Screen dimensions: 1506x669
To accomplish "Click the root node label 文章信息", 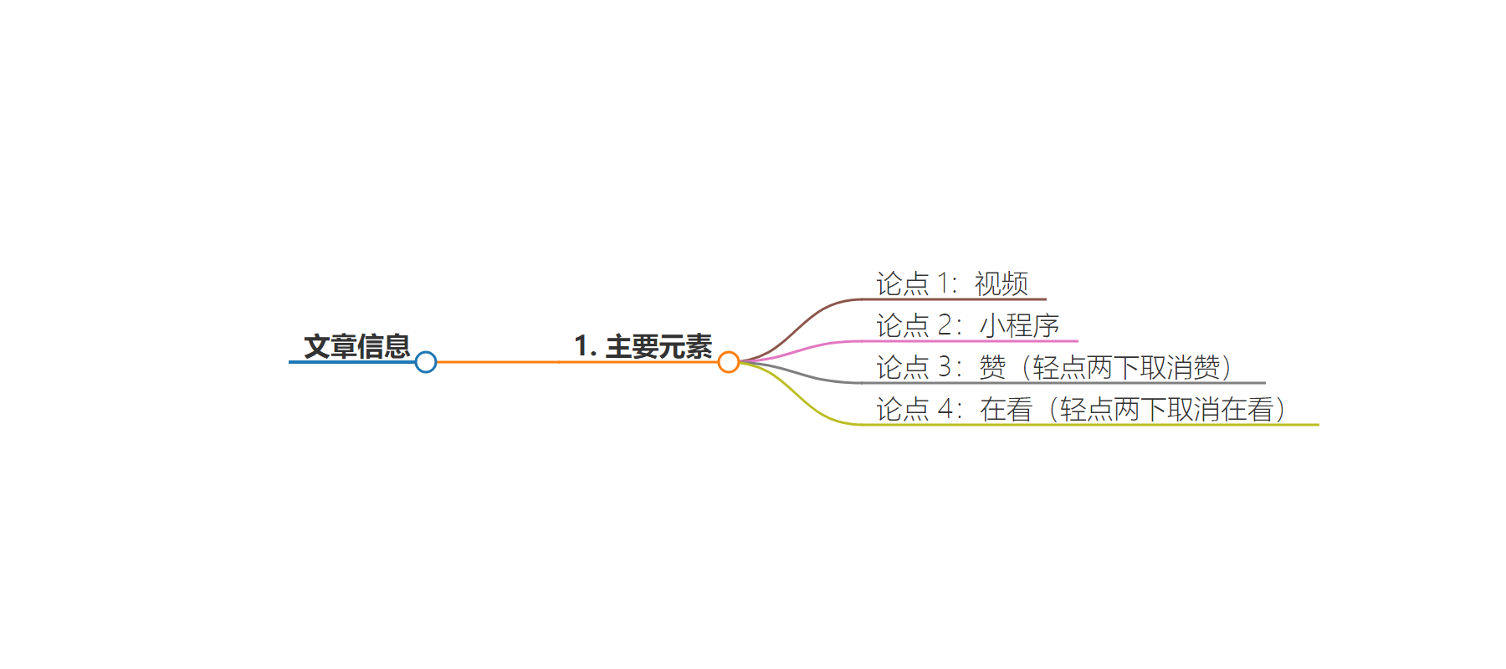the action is click(357, 346).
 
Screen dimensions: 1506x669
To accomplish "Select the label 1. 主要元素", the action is click(643, 346).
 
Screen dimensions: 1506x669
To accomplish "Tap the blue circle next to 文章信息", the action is click(426, 362).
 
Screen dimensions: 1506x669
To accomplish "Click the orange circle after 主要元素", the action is click(729, 362).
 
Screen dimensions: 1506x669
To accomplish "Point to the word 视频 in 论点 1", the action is click(1001, 283).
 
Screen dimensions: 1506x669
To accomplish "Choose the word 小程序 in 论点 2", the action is click(1020, 325).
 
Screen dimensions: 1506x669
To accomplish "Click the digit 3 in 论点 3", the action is click(945, 367).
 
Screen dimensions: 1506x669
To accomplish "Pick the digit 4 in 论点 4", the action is click(945, 409).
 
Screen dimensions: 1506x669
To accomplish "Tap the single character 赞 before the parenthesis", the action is click(993, 367).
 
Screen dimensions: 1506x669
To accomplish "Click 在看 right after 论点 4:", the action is click(1007, 409).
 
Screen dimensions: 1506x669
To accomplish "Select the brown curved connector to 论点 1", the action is click(802, 329).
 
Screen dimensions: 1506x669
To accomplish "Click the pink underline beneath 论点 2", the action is click(970, 341).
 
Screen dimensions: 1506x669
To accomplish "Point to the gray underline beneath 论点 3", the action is click(1063, 383).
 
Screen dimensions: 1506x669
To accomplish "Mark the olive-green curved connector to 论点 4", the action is click(802, 395).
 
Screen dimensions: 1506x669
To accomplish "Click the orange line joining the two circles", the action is click(577, 362).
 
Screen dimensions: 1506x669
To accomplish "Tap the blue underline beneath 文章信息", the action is click(352, 362).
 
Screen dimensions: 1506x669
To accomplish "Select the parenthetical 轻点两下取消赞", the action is click(1127, 367).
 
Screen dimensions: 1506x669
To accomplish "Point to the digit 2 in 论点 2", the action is click(945, 325).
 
